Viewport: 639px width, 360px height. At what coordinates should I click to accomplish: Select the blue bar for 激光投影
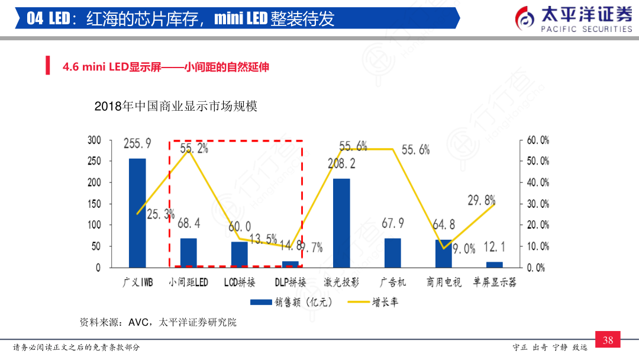(x=341, y=223)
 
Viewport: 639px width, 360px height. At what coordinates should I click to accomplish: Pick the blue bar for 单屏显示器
(x=495, y=265)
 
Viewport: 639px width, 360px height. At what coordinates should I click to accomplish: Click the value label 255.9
(x=137, y=143)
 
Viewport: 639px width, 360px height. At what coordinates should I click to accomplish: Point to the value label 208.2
(x=341, y=163)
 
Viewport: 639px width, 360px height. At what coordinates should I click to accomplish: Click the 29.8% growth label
(x=482, y=200)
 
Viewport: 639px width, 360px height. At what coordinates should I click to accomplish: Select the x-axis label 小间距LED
(x=188, y=282)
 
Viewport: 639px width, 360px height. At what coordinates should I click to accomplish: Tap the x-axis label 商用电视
(x=444, y=282)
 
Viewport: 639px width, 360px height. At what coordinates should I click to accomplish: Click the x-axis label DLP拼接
(x=291, y=282)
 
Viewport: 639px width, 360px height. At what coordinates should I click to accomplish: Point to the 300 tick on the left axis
(x=94, y=140)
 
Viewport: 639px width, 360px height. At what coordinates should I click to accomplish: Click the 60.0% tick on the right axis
(x=538, y=140)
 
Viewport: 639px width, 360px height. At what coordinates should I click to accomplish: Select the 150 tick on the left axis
(x=94, y=204)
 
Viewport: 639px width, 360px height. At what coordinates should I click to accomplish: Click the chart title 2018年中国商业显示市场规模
(x=176, y=107)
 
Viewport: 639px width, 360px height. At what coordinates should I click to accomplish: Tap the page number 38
(x=608, y=340)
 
